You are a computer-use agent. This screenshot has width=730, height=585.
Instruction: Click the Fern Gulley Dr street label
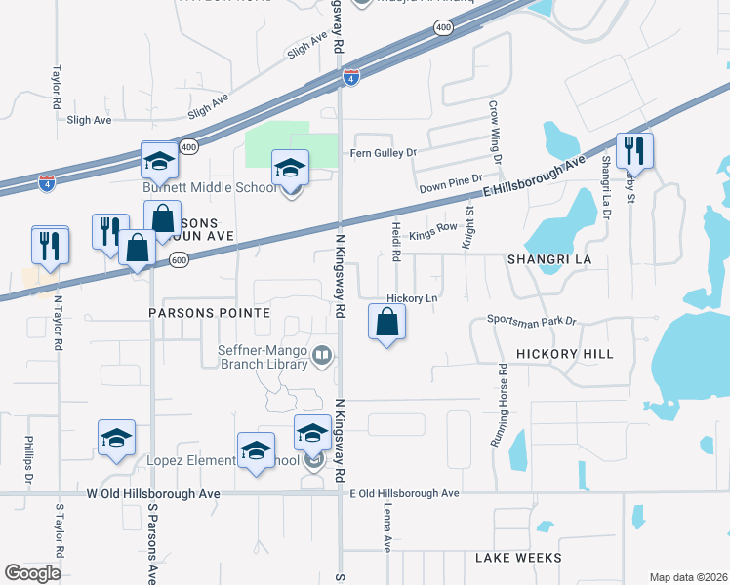[x=384, y=153]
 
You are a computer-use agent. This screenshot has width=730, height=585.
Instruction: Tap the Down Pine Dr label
[x=444, y=186]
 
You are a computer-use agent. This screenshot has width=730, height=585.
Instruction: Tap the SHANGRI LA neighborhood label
[x=549, y=260]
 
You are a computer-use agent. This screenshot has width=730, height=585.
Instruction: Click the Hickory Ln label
[x=410, y=299]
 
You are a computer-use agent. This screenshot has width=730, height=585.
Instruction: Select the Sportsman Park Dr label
[x=532, y=320]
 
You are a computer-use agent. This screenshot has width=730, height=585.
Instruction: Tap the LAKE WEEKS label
[x=518, y=558]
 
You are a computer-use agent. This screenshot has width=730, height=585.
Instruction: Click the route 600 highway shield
[x=178, y=259]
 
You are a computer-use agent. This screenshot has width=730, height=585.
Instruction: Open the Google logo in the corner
[x=32, y=573]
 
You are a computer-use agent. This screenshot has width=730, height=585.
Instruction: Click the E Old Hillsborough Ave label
[x=404, y=494]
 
